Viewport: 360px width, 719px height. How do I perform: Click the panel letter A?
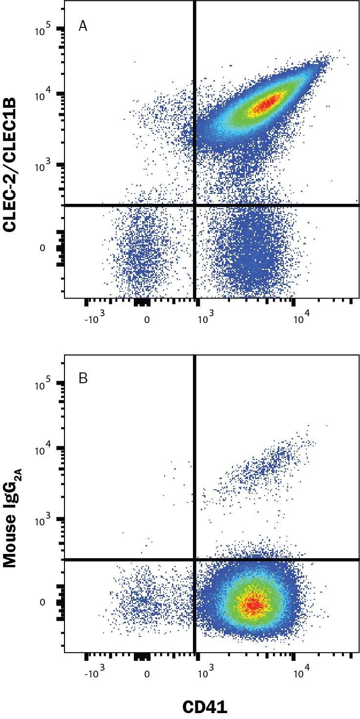pos(83,26)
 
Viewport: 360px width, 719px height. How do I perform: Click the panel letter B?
pos(83,378)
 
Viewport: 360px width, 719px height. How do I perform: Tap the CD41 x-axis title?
pos(205,707)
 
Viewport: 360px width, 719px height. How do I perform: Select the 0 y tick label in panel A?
pos(42,248)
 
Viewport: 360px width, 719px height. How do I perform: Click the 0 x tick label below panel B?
pos(147,674)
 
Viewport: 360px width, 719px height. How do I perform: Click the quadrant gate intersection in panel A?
pos(195,205)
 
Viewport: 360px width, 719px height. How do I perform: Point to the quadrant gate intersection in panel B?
pos(195,560)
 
